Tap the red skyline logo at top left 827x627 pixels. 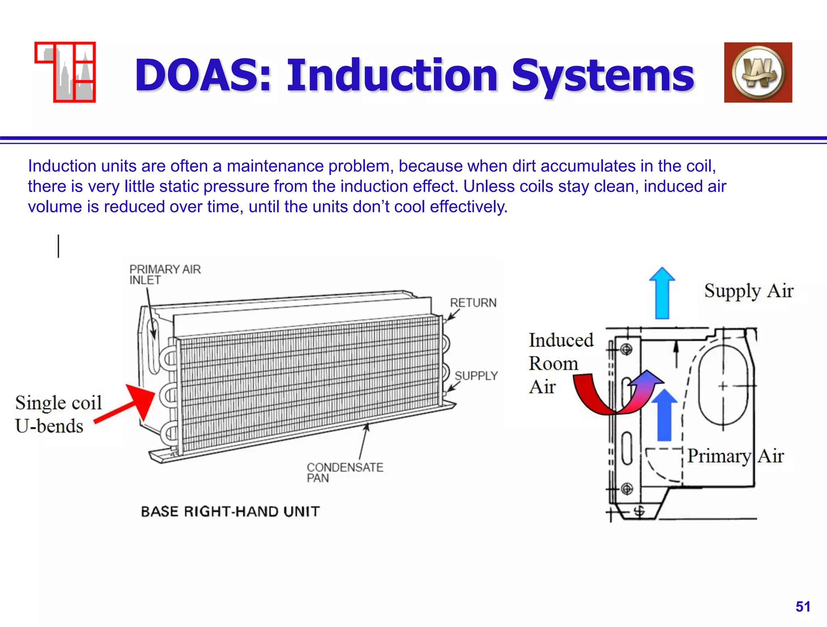[x=65, y=72]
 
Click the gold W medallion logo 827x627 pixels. [x=758, y=73]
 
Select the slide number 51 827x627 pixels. [x=803, y=607]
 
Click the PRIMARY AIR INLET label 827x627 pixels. [x=164, y=275]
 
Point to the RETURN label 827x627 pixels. [x=473, y=303]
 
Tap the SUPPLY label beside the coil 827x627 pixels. [x=476, y=376]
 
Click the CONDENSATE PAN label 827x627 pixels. [x=344, y=472]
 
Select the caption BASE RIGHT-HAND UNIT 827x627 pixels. [x=230, y=511]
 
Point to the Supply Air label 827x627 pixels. [x=748, y=291]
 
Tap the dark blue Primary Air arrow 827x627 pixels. [x=664, y=416]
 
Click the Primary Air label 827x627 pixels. [x=735, y=456]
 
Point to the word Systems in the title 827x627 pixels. [x=602, y=76]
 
